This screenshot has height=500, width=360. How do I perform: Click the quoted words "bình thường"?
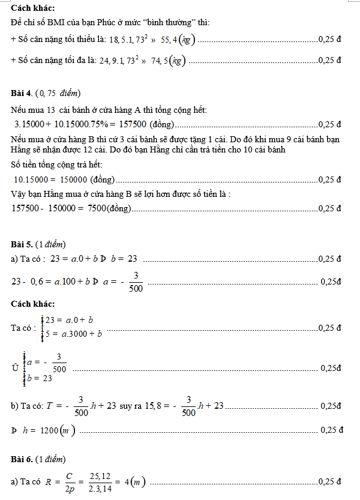pos(181,22)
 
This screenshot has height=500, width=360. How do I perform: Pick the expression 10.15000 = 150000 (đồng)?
pos(64,179)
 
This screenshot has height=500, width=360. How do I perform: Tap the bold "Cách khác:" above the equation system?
pos(33,304)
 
